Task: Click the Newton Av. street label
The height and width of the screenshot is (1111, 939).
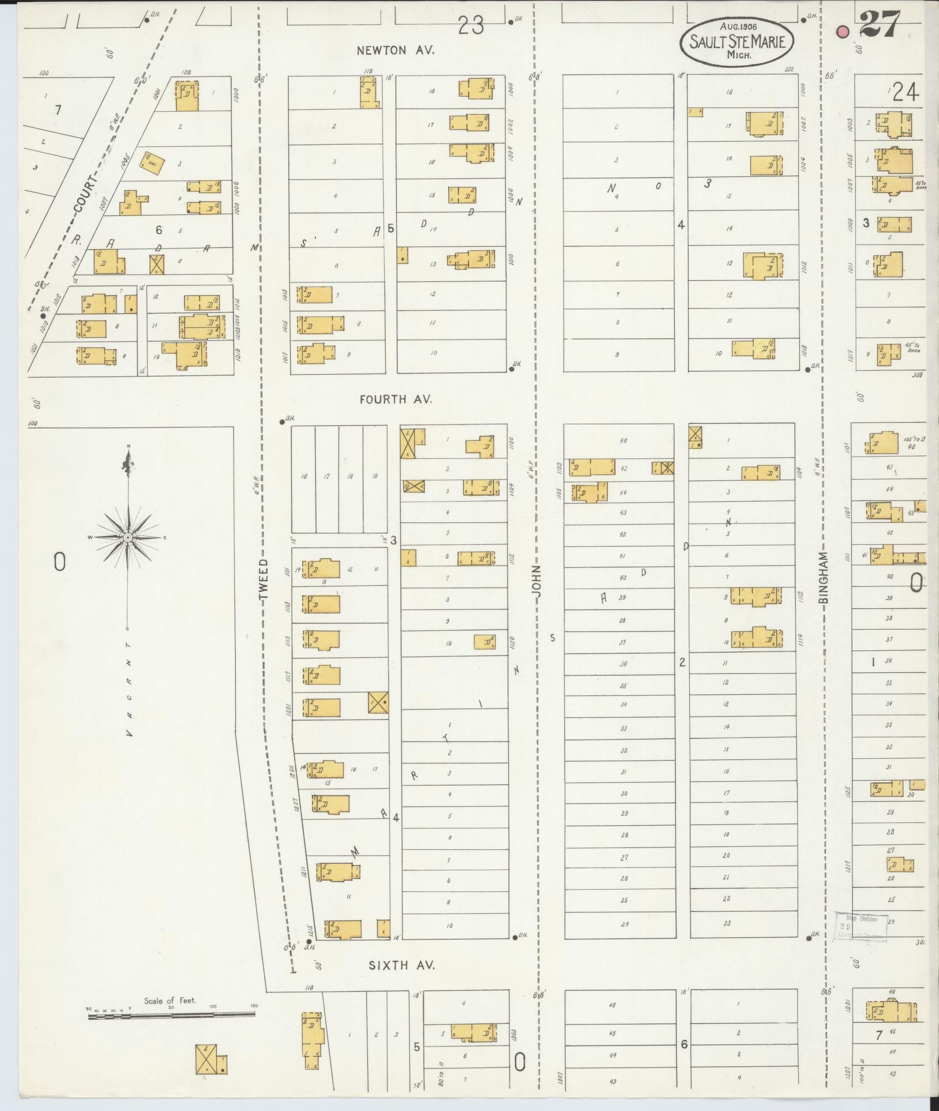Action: pyautogui.click(x=395, y=50)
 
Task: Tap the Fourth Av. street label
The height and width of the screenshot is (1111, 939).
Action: pyautogui.click(x=395, y=399)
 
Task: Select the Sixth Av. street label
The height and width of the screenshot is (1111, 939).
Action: pyautogui.click(x=401, y=965)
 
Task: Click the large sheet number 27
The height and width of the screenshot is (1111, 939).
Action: pyautogui.click(x=878, y=24)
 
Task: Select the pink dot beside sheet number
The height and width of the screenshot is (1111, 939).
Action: pyautogui.click(x=843, y=32)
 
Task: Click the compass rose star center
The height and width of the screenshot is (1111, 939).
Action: pyautogui.click(x=128, y=537)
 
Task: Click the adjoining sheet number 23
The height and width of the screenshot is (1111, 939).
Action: pyautogui.click(x=471, y=25)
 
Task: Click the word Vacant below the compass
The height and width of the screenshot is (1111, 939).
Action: pyautogui.click(x=128, y=689)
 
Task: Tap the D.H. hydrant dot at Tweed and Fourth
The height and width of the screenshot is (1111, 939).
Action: pyautogui.click(x=281, y=421)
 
